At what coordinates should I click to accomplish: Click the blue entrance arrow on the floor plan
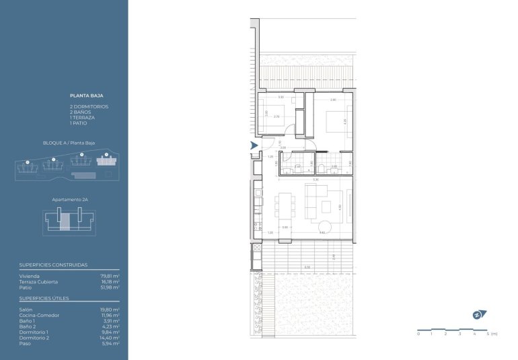click(254, 145)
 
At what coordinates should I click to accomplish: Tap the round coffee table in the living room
click(324, 227)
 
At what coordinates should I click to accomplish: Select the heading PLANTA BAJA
click(86, 96)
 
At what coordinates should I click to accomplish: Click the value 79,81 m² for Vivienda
click(110, 277)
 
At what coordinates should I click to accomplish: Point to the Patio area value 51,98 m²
click(110, 287)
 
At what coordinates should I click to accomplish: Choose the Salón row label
click(27, 310)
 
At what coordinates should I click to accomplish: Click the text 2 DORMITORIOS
click(89, 107)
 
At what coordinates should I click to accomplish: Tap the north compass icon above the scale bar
click(477, 314)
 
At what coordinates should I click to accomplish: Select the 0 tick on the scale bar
click(418, 334)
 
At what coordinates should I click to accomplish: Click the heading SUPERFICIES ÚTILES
click(45, 299)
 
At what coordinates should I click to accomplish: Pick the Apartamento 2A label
click(70, 200)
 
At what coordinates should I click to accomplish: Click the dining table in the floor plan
click(285, 205)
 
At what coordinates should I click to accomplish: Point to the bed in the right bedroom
click(335, 123)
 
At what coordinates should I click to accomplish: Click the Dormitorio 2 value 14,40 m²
click(110, 338)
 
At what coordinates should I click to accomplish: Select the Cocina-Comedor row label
click(39, 315)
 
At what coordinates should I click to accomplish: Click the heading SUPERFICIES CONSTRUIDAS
click(54, 265)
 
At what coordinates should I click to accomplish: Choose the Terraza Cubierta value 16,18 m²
click(110, 282)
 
